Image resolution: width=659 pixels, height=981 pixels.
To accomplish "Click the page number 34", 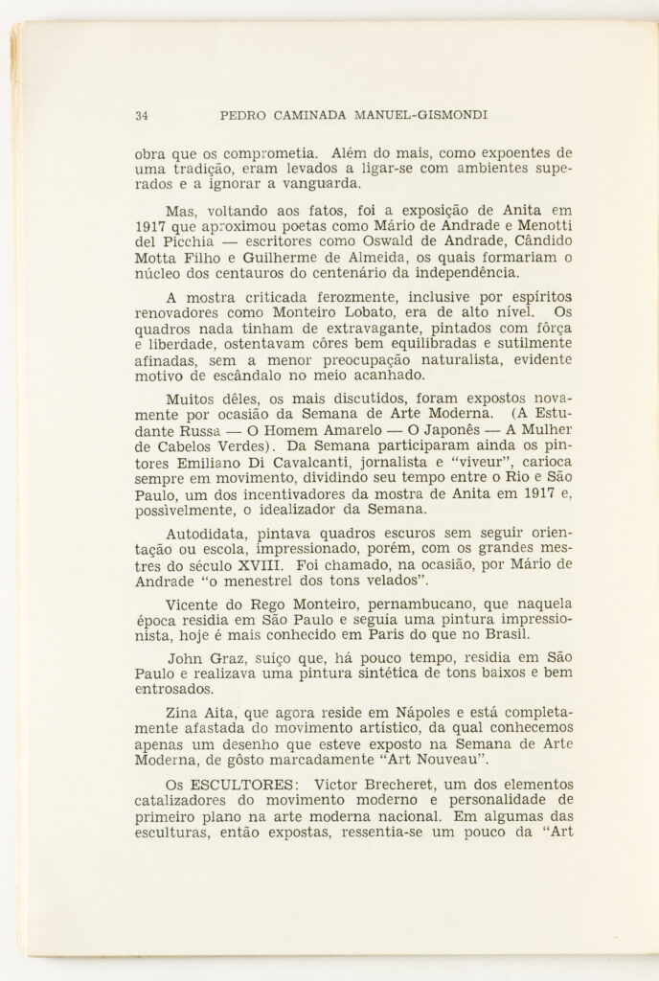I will (141, 116).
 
